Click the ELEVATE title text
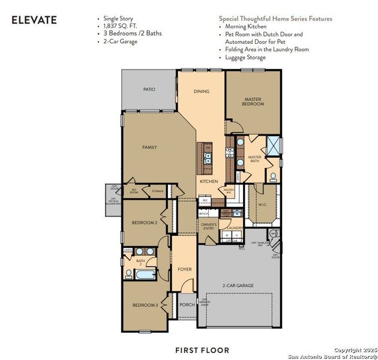pyautogui.click(x=34, y=20)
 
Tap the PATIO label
pyautogui.click(x=149, y=89)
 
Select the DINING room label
pyautogui.click(x=202, y=91)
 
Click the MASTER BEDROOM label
pyautogui.click(x=253, y=101)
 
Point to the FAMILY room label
pyautogui.click(x=149, y=147)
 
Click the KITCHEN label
pyautogui.click(x=208, y=181)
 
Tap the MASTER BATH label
pyautogui.click(x=254, y=159)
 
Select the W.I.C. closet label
pyautogui.click(x=263, y=205)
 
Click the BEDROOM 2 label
pyautogui.click(x=145, y=223)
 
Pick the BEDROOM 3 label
pyautogui.click(x=145, y=305)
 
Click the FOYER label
pyautogui.click(x=185, y=269)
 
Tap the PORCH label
pyautogui.click(x=187, y=305)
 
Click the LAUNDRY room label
pyautogui.click(x=235, y=228)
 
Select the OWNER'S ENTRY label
pyautogui.click(x=208, y=227)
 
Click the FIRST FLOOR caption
pyautogui.click(x=202, y=350)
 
